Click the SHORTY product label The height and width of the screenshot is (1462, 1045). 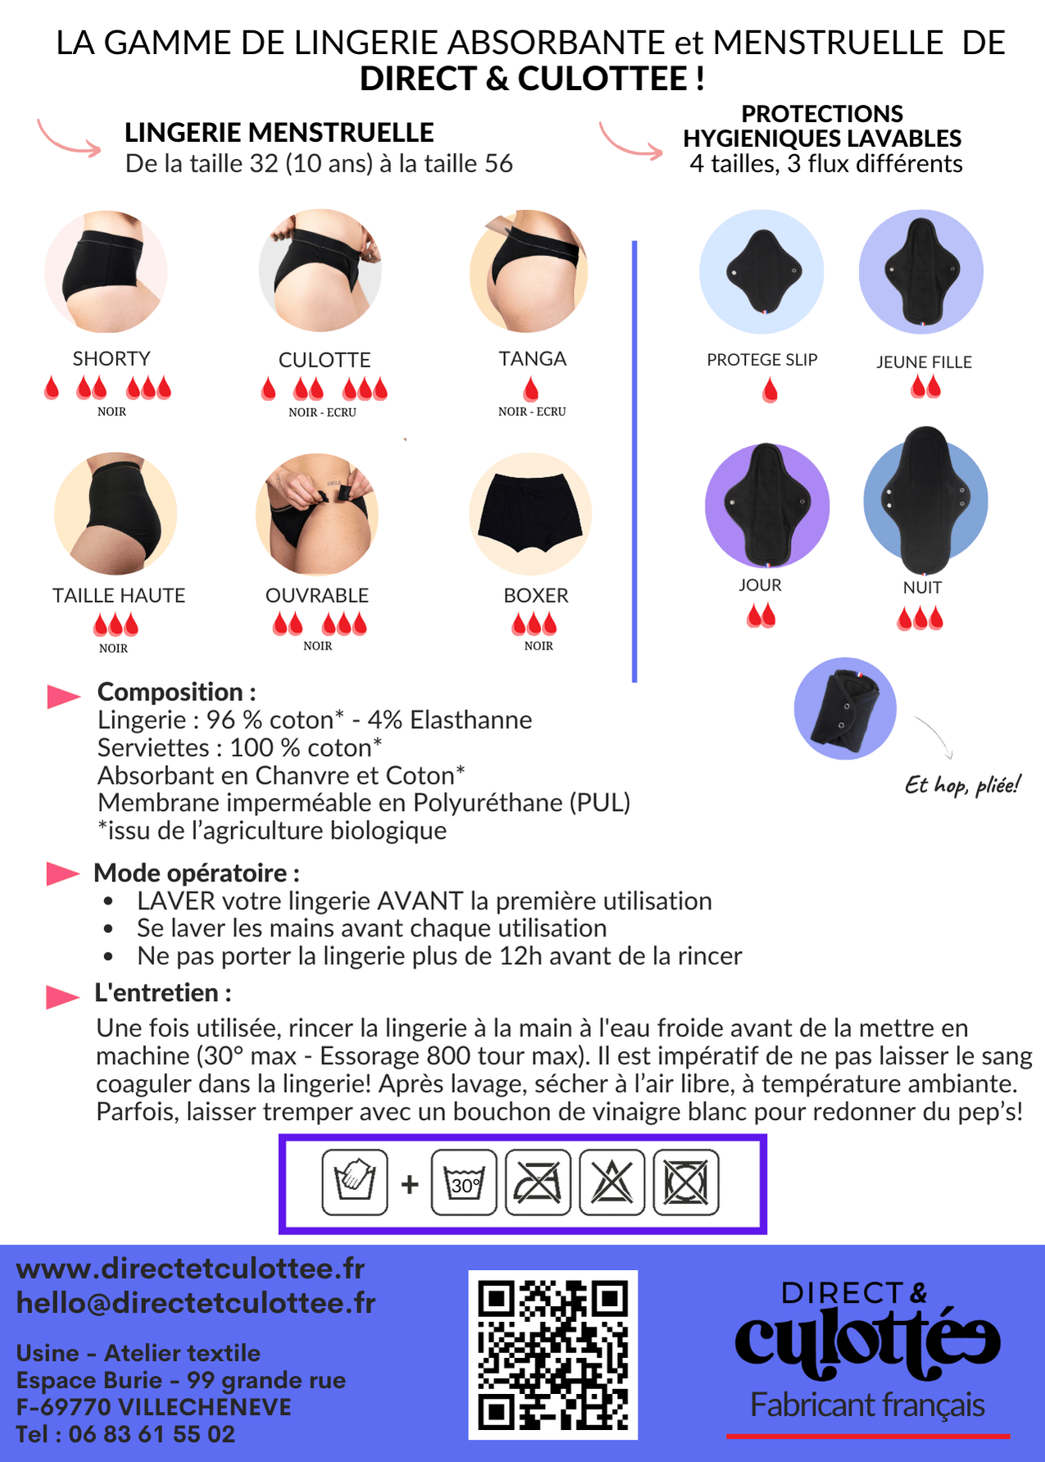point(111,359)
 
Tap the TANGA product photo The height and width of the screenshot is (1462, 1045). point(529,271)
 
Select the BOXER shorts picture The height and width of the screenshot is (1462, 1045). point(530,514)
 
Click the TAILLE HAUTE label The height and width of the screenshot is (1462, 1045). point(119,595)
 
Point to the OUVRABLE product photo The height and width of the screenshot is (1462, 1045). point(316,514)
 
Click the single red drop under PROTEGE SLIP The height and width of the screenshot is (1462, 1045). point(770,390)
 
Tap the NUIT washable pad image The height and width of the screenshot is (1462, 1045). point(925,500)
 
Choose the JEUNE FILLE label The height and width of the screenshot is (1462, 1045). point(924,362)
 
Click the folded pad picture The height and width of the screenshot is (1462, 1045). point(845,708)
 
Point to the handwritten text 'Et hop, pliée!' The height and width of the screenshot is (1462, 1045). point(962,785)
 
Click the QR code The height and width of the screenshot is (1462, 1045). point(553,1355)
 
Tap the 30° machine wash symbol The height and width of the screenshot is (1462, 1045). point(464,1182)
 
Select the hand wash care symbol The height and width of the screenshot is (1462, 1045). point(355,1182)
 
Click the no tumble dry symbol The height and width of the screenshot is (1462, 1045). point(686,1182)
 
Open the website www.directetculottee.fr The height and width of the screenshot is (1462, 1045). point(190,1268)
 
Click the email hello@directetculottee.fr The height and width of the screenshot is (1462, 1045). point(196,1303)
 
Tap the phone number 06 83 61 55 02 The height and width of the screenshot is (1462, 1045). point(152,1434)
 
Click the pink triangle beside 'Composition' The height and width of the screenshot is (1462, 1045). point(64,696)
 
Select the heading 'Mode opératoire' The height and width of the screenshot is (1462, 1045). point(197,872)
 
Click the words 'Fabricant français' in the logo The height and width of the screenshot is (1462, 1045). point(868,1405)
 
